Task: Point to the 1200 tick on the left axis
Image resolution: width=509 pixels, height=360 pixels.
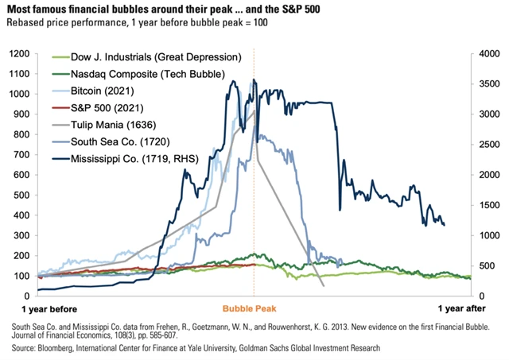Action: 18,53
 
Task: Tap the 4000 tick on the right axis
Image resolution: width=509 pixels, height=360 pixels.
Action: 489,53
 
